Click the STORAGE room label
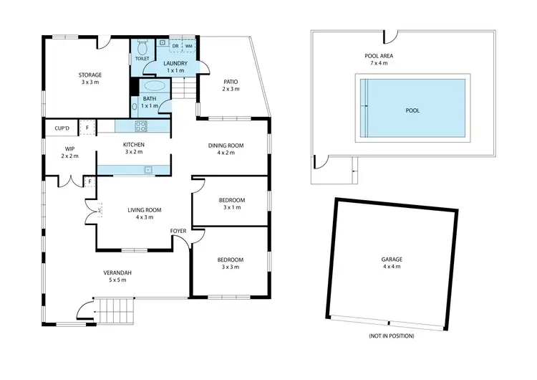[x=89, y=75]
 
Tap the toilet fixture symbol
[x=142, y=47]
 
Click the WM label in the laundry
[x=189, y=46]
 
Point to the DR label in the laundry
[x=175, y=46]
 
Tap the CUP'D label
[x=62, y=128]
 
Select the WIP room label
[x=70, y=149]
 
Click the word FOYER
[x=178, y=230]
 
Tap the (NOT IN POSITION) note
[x=391, y=336]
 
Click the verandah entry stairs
[x=117, y=313]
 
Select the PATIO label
[x=231, y=81]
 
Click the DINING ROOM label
[x=226, y=146]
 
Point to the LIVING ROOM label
[x=145, y=210]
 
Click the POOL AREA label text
[x=378, y=54]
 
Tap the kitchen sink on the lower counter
[x=147, y=170]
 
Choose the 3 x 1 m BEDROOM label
[x=231, y=200]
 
